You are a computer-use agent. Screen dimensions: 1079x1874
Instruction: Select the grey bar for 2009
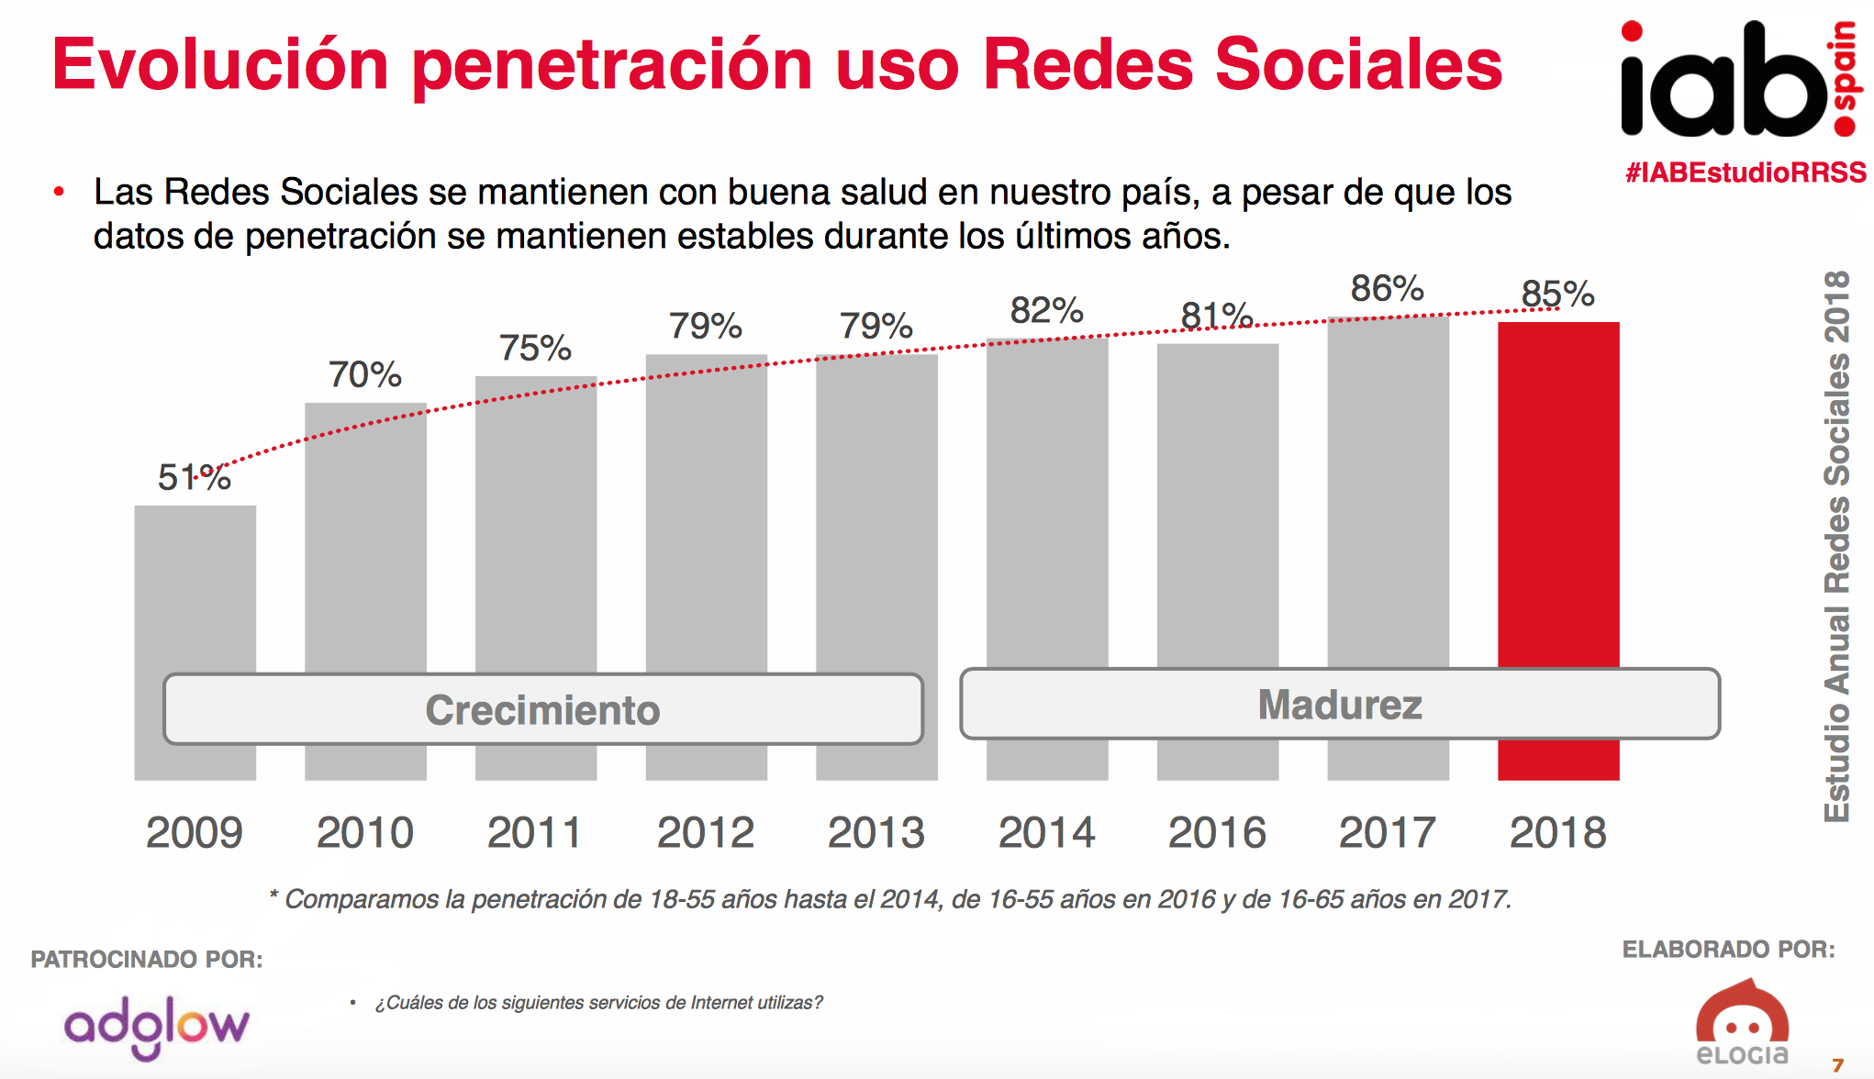[195, 587]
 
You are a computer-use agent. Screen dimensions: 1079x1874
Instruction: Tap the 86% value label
[1387, 289]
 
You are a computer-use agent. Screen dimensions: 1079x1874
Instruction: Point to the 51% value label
[194, 477]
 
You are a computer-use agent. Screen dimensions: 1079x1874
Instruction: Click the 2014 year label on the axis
[1046, 833]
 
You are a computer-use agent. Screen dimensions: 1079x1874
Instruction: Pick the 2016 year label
[1217, 833]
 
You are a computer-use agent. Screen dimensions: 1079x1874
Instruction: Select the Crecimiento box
[542, 709]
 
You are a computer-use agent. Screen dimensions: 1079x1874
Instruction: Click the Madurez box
[1339, 704]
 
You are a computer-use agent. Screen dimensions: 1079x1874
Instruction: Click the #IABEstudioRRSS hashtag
[1745, 172]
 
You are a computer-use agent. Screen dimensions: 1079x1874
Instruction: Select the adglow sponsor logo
[157, 1027]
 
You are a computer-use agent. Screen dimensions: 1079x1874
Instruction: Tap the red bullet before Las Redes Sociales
[60, 192]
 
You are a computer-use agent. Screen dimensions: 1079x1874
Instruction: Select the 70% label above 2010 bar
[364, 374]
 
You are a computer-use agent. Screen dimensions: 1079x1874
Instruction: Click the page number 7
[1837, 1065]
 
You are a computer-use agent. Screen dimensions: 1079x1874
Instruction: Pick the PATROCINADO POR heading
[147, 960]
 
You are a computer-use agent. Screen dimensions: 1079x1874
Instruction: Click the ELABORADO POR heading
[1728, 950]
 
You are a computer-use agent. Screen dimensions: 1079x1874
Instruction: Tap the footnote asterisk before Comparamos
[273, 895]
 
